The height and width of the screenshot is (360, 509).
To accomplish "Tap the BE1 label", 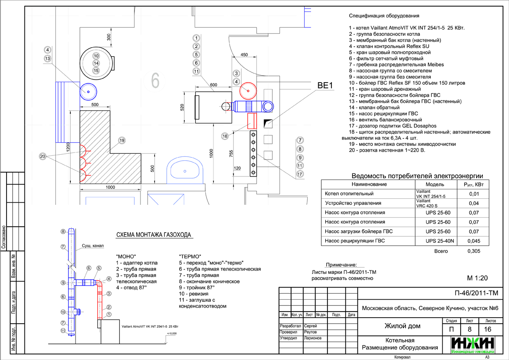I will point(325,86).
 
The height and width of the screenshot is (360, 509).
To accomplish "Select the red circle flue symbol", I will point(248,90).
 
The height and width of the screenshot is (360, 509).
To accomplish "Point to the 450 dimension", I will point(244,55).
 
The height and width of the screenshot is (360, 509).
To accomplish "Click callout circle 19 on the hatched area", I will point(122,140).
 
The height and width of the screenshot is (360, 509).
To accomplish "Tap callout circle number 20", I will point(42,156).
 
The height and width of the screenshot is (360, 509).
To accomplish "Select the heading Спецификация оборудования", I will point(384,16).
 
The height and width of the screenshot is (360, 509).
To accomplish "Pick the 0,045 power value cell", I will point(474,241).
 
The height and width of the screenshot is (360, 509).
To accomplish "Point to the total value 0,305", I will point(474,252).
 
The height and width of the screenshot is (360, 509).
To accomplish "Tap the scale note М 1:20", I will point(477,278).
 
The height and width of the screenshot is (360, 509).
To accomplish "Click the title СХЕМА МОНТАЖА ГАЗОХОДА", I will point(153,235).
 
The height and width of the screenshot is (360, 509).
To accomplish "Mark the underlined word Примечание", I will point(341,265).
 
